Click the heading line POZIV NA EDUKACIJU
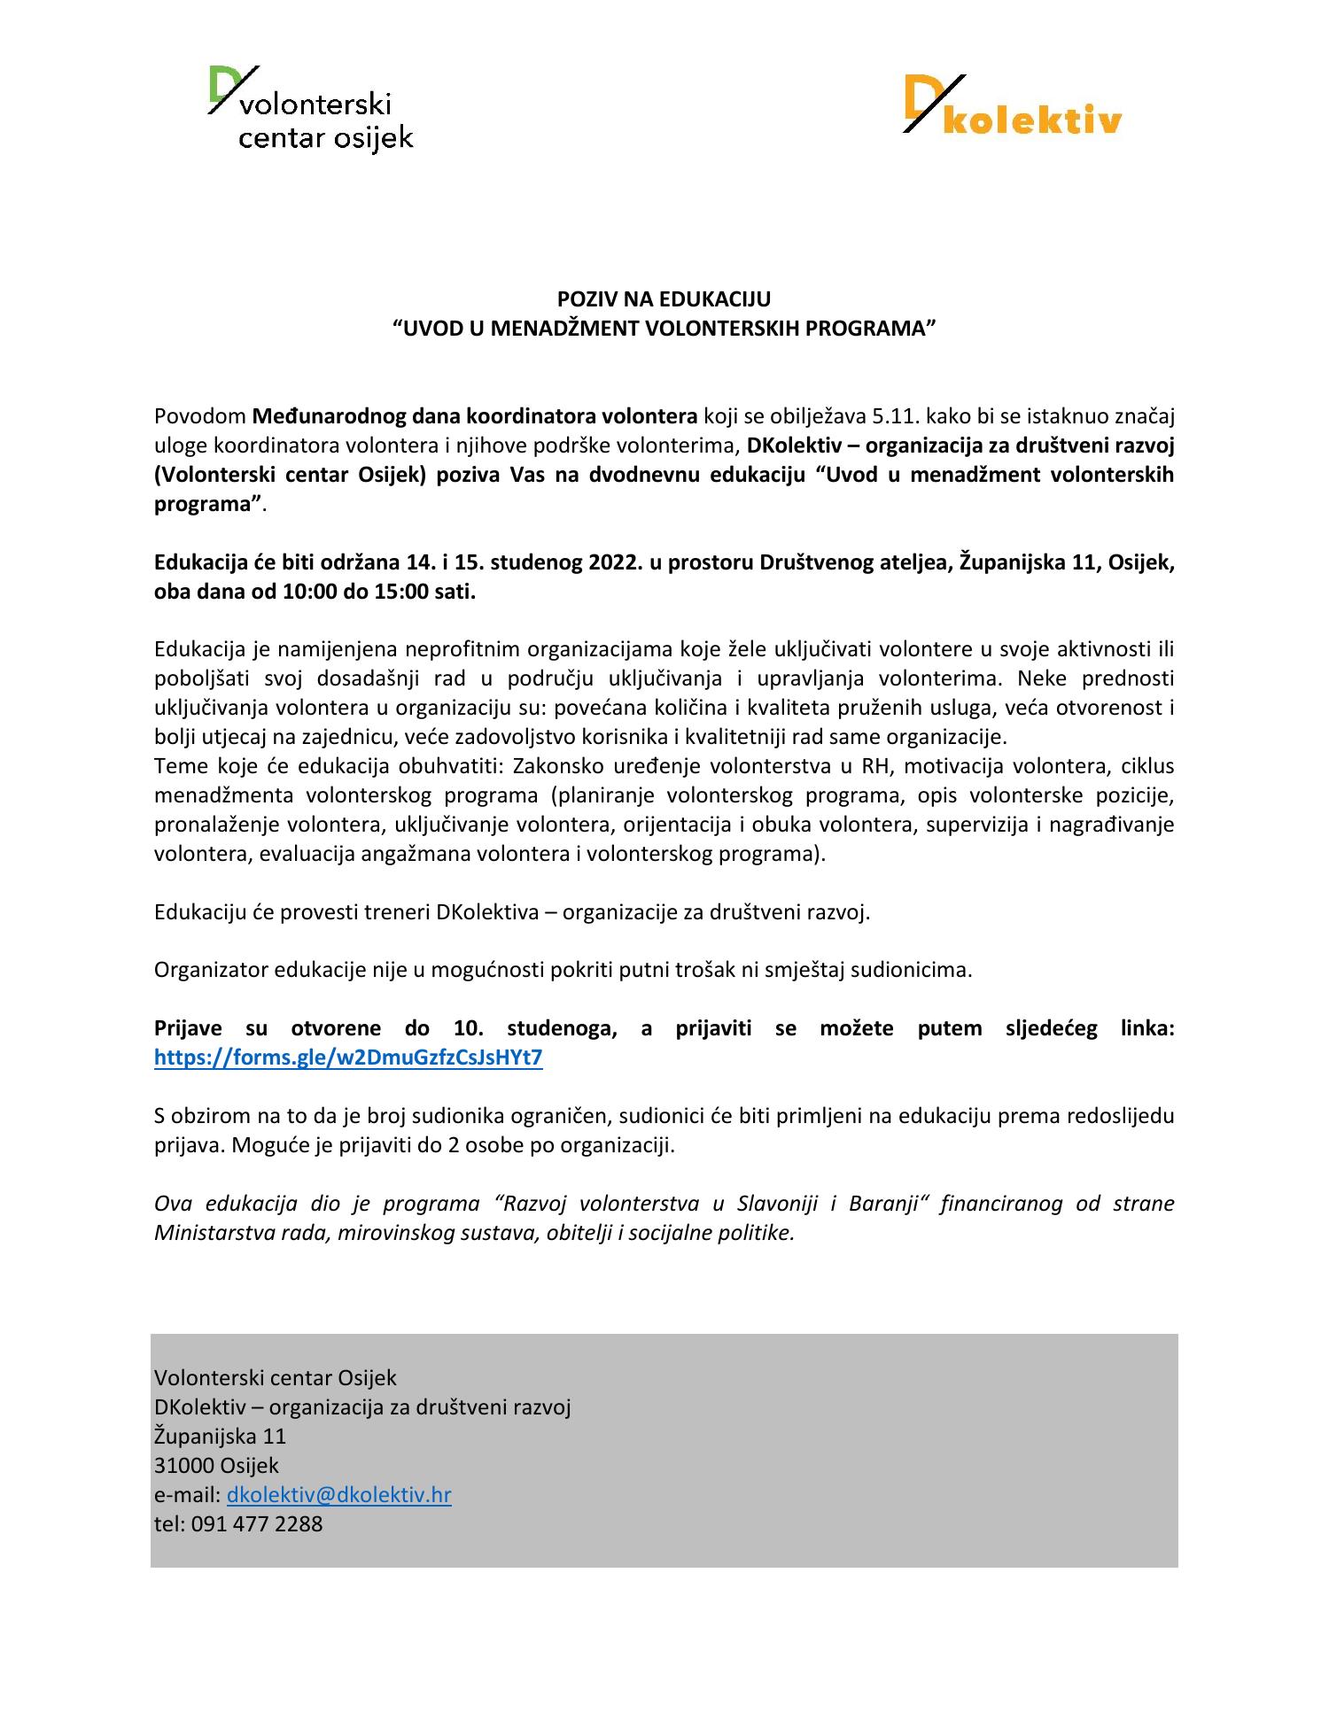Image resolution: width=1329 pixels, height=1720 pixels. [x=664, y=299]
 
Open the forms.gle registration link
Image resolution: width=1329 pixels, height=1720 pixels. [x=347, y=1058]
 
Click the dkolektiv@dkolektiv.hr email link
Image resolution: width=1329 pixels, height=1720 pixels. [x=338, y=1495]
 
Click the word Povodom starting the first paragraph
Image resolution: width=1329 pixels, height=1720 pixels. [x=199, y=416]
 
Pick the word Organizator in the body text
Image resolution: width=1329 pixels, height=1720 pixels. [x=211, y=970]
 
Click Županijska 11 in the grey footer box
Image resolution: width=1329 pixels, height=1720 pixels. [x=220, y=1437]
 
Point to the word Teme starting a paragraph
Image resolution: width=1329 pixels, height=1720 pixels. [x=181, y=766]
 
